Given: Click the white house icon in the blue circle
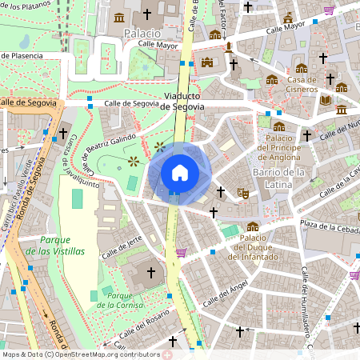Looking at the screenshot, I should (180, 172).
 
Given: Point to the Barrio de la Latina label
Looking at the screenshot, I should (279, 178).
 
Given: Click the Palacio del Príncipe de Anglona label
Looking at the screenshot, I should (279, 148).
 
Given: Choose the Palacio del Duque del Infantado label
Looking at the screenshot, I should (253, 246).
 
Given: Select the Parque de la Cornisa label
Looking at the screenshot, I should (120, 300).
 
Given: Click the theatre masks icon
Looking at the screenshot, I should (242, 192).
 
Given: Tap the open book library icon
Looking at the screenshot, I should (325, 100).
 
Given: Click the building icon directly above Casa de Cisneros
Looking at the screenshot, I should (301, 68).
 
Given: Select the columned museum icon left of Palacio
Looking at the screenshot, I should (119, 18).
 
